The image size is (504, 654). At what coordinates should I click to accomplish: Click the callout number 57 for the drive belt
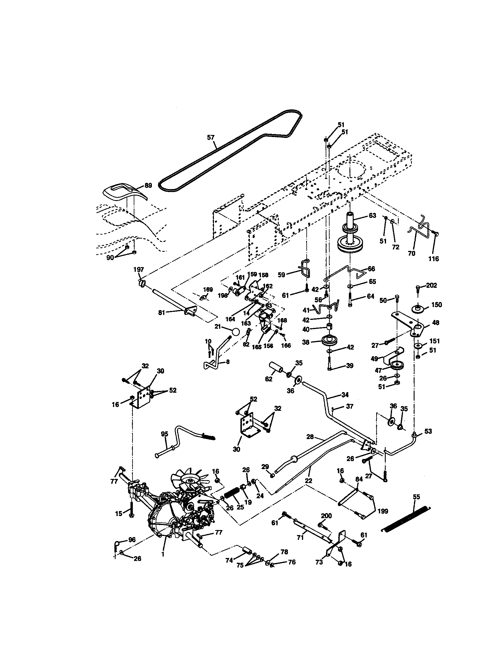(x=211, y=137)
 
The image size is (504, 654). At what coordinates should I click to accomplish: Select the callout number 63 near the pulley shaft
(x=372, y=216)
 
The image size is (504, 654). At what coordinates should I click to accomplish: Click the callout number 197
(x=138, y=270)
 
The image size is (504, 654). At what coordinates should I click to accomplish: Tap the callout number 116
(x=433, y=259)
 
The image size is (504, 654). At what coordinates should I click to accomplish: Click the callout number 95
(x=165, y=434)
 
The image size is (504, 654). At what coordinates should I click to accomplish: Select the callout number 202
(x=431, y=285)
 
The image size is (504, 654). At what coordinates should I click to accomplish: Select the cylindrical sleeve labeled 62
(x=278, y=367)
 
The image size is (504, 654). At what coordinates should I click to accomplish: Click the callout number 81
(x=162, y=313)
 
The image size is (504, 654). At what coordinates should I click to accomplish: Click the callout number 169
(x=208, y=290)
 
